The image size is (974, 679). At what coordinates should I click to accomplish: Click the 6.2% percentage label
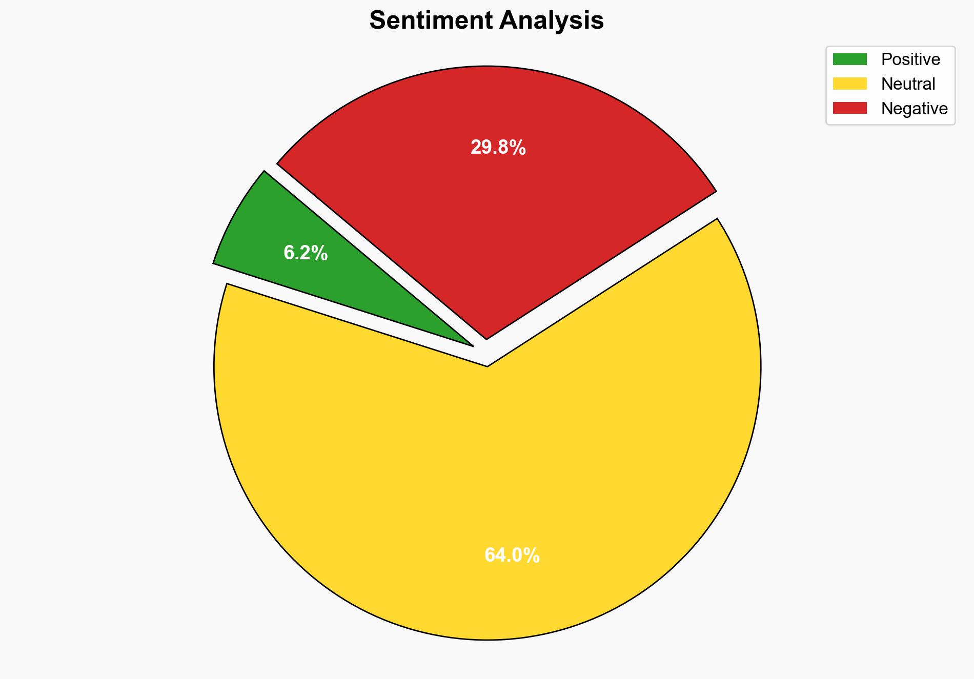tap(306, 253)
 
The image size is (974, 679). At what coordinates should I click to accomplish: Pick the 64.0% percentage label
tap(512, 555)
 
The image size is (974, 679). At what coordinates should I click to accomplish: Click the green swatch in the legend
tap(849, 59)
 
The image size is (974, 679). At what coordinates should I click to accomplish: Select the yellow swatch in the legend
tap(849, 84)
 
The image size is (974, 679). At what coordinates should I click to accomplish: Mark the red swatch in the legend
tap(849, 108)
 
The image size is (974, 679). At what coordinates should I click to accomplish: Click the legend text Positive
tap(910, 59)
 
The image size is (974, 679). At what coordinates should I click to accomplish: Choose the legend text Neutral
tap(908, 84)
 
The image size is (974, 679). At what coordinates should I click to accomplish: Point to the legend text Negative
tap(914, 108)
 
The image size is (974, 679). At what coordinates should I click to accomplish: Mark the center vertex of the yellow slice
tap(487, 365)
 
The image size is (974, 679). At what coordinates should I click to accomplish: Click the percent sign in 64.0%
tap(532, 555)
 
